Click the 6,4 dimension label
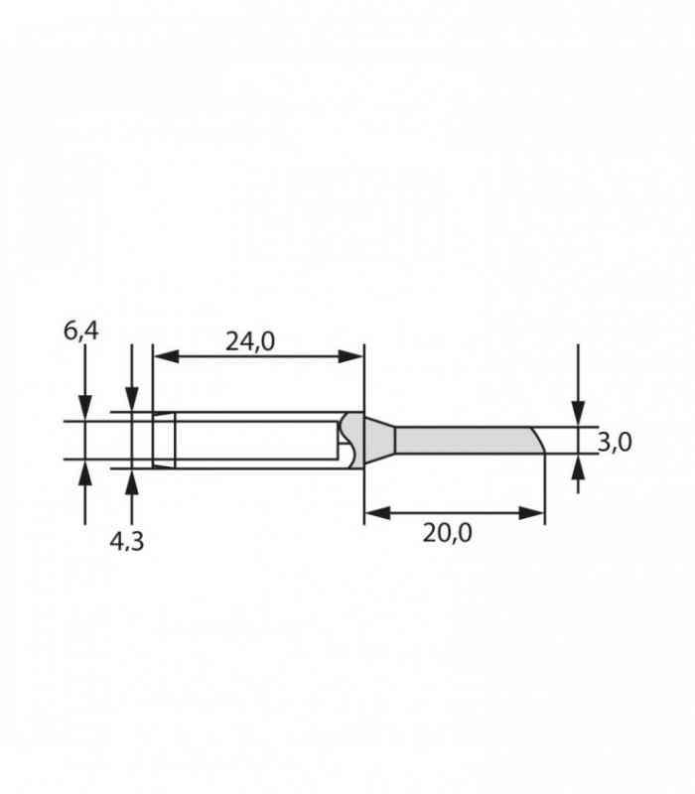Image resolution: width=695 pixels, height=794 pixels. tap(81, 331)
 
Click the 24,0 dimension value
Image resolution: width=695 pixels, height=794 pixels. tap(249, 341)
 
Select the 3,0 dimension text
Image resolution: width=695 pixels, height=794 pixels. tap(615, 442)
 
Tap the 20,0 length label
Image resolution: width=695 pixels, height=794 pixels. tap(447, 533)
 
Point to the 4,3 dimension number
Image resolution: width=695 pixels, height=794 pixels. tap(127, 542)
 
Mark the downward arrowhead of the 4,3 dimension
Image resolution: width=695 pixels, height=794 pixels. tap(132, 400)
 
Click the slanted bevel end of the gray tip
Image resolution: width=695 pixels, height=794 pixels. tap(537, 440)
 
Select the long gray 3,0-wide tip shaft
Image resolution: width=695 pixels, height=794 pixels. tap(462, 440)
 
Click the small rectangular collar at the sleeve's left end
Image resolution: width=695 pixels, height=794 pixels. tap(163, 439)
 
